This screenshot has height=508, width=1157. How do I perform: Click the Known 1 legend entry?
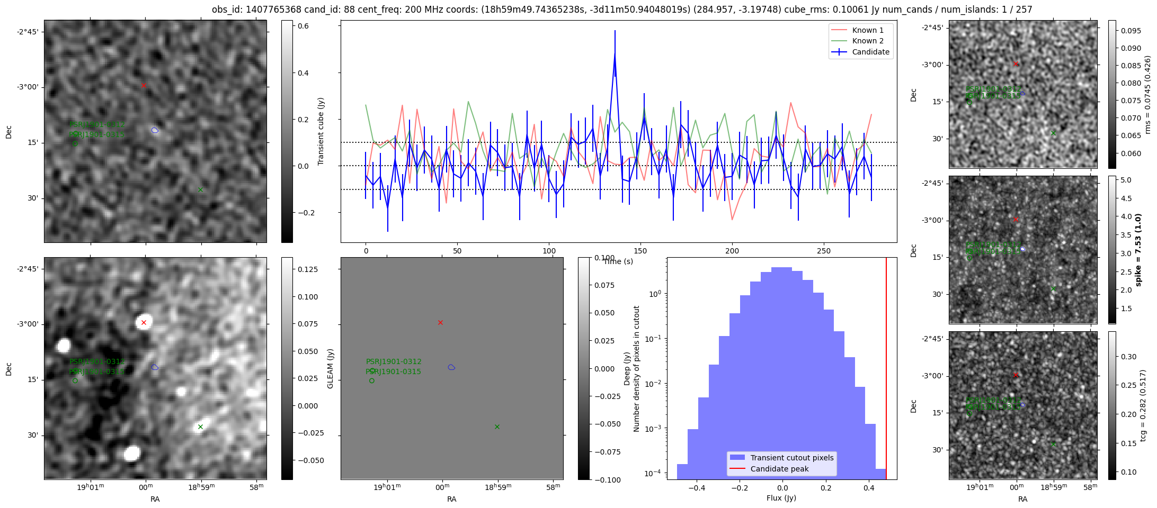(867, 30)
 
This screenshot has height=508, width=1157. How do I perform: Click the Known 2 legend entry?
(867, 41)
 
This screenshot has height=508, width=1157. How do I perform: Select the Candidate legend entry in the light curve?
(870, 52)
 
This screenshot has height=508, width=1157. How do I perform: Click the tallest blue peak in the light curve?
(615, 53)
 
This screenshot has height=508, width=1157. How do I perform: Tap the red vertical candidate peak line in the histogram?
(886, 370)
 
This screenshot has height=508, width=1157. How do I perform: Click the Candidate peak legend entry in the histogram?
(779, 469)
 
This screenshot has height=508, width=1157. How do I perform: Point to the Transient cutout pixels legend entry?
(791, 458)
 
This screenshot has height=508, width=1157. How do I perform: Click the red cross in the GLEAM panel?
(440, 322)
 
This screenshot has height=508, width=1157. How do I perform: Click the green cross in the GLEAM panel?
(497, 427)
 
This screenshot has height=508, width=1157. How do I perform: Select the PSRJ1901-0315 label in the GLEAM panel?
(394, 371)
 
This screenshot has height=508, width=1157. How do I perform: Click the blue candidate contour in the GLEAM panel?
(451, 367)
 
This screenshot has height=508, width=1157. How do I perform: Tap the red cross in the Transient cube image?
(144, 85)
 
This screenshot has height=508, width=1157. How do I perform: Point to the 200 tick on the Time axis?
(732, 251)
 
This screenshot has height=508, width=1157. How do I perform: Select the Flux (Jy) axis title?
(781, 498)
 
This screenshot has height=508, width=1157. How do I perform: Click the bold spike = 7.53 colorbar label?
(1138, 250)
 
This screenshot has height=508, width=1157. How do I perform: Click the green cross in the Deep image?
(200, 427)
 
